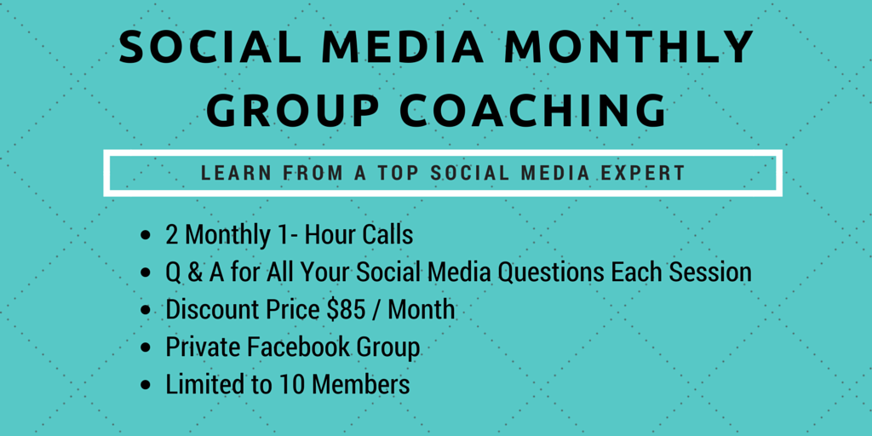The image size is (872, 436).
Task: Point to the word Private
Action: pyautogui.click(x=203, y=347)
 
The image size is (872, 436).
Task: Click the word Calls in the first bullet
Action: pyautogui.click(x=387, y=235)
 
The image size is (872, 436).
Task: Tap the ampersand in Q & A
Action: pyautogui.click(x=193, y=272)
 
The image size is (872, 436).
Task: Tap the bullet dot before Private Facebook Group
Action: pyautogui.click(x=146, y=348)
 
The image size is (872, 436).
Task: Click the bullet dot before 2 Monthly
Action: pyautogui.click(x=146, y=236)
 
